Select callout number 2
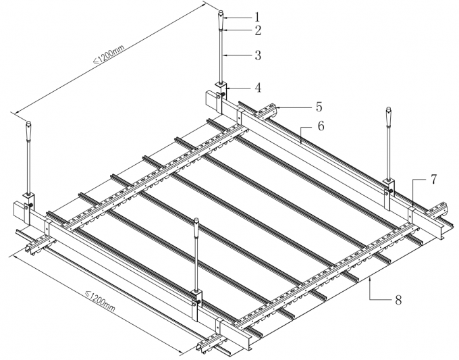click(x=257, y=30)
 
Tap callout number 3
click(x=257, y=56)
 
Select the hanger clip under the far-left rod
click(x=29, y=201)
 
